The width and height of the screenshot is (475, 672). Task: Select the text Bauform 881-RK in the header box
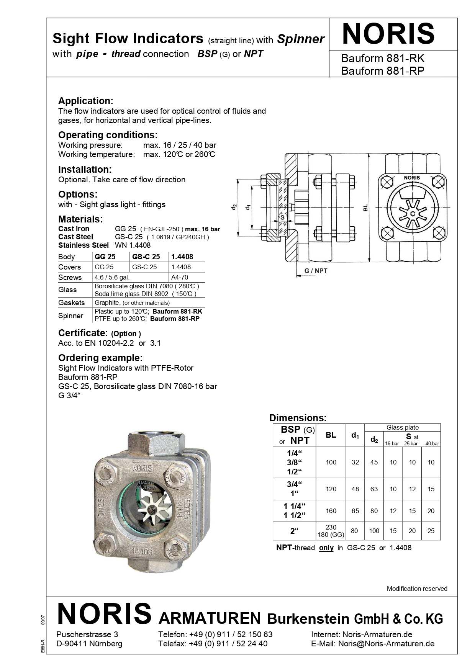[382, 59]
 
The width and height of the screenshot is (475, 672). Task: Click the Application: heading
[85, 101]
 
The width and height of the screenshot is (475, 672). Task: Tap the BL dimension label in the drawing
[365, 208]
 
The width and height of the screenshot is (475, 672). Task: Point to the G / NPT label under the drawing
[316, 271]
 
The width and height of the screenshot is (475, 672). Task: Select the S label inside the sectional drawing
[282, 217]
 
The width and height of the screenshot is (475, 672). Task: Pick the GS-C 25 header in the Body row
[146, 257]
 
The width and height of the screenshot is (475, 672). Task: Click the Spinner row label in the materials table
[70, 316]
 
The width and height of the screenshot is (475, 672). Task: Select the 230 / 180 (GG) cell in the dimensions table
[331, 531]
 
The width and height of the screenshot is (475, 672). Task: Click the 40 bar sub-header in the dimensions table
[432, 443]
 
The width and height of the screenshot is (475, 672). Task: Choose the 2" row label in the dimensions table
[294, 531]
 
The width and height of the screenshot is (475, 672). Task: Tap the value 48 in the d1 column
[355, 489]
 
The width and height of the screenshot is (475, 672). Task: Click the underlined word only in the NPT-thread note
[326, 548]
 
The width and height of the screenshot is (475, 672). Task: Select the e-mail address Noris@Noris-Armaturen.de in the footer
[386, 644]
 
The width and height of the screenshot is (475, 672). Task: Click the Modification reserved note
[417, 589]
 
